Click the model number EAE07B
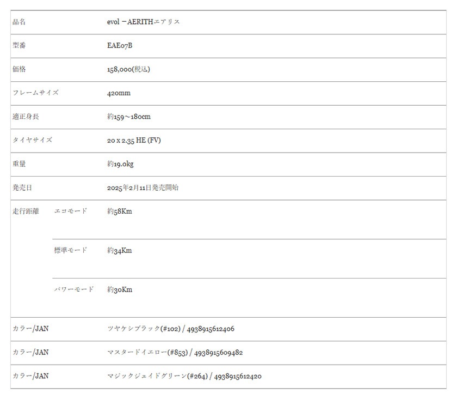[x=120, y=46]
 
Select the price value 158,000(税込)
[x=128, y=69]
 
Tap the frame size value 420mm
[x=119, y=93]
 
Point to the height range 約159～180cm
[x=129, y=117]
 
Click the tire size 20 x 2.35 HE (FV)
[x=134, y=141]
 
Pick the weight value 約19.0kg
[x=120, y=164]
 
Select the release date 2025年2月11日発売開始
[x=143, y=188]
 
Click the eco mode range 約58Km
[x=120, y=211]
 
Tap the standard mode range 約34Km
[x=120, y=251]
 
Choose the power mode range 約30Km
[x=120, y=290]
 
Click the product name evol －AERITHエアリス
[x=144, y=22]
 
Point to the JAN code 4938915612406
[x=211, y=329]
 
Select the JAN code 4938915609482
[x=218, y=353]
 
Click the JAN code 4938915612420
[x=238, y=377]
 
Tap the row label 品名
[x=19, y=22]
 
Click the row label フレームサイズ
[x=35, y=93]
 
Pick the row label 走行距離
[x=26, y=211]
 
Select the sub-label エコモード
[x=71, y=211]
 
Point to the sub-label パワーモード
[x=74, y=289]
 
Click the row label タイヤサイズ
[x=32, y=140]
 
